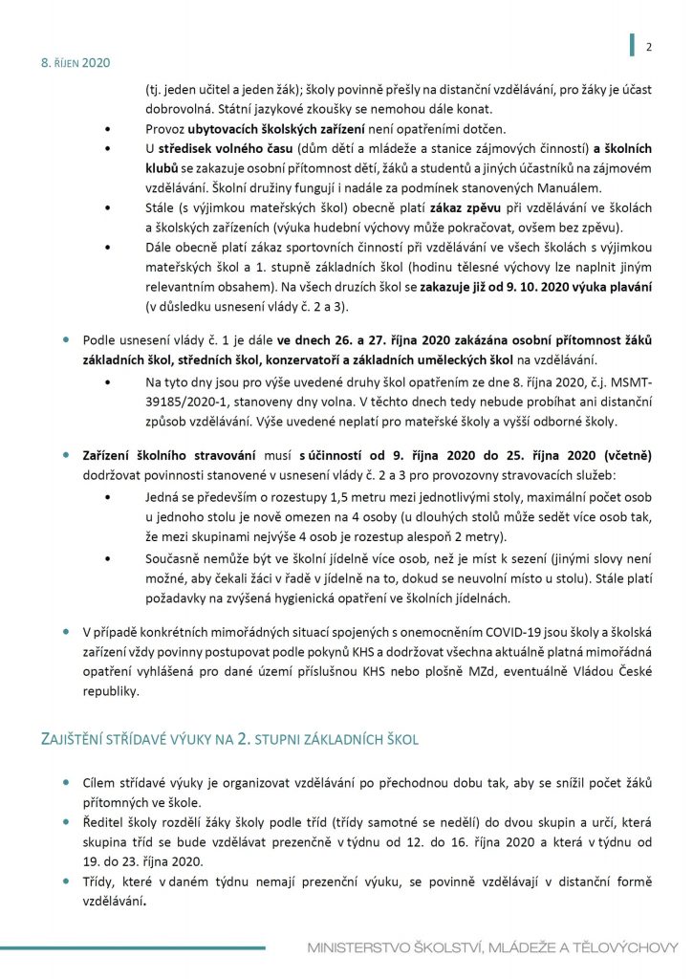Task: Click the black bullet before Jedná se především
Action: coord(119,500)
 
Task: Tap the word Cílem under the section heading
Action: coord(102,783)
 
